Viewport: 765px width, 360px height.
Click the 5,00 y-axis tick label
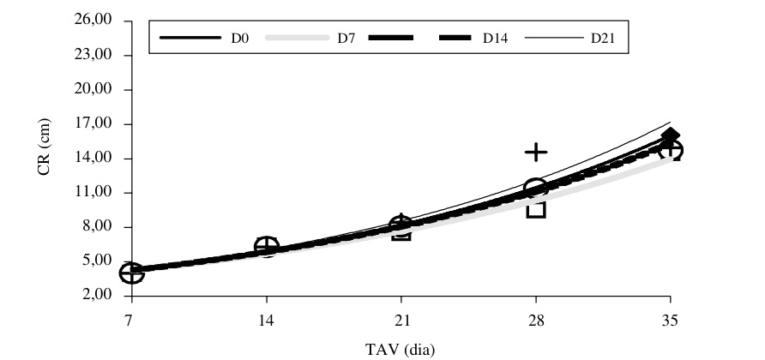click(x=109, y=261)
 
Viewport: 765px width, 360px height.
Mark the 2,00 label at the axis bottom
click(x=109, y=296)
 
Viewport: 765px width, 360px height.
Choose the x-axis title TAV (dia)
click(x=401, y=348)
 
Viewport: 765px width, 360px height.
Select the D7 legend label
click(x=347, y=38)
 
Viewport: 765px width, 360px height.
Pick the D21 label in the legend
click(x=602, y=38)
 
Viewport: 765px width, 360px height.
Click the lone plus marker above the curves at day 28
click(x=536, y=153)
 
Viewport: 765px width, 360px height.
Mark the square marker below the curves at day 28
click(x=536, y=208)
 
